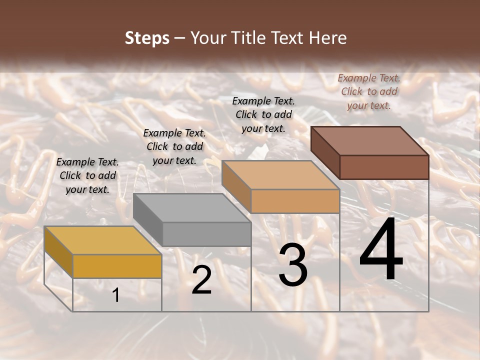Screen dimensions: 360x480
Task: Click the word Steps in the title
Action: click(x=147, y=38)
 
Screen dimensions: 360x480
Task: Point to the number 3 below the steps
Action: click(x=292, y=265)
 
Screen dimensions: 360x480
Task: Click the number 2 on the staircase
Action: click(x=201, y=280)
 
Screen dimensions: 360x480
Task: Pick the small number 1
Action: click(x=116, y=295)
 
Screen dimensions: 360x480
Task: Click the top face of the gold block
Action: click(x=102, y=240)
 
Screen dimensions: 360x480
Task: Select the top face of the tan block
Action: click(x=280, y=175)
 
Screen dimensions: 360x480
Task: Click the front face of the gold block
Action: click(x=117, y=266)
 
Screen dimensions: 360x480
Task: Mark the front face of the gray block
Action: click(x=206, y=234)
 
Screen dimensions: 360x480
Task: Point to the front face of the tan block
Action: click(x=295, y=201)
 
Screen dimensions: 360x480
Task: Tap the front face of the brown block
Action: click(x=384, y=167)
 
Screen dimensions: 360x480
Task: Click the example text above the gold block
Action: click(x=87, y=175)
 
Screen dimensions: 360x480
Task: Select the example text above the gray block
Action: click(x=174, y=146)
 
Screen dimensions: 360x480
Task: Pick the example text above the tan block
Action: click(x=263, y=114)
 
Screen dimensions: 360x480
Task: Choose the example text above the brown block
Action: click(x=369, y=91)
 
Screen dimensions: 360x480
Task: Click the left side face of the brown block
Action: click(x=325, y=152)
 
